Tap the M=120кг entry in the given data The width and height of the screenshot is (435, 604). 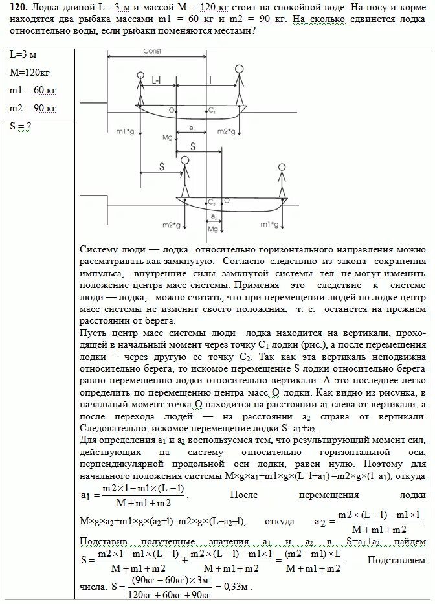click(27, 73)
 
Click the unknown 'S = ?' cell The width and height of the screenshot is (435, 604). click(21, 126)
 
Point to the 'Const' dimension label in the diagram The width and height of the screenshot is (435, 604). click(153, 52)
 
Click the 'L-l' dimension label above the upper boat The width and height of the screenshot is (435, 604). click(157, 80)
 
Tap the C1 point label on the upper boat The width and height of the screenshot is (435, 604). click(212, 111)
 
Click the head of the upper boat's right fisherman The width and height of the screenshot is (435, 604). click(240, 68)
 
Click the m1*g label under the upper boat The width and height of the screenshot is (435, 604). click(126, 132)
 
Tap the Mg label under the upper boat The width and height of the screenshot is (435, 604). click(166, 138)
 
